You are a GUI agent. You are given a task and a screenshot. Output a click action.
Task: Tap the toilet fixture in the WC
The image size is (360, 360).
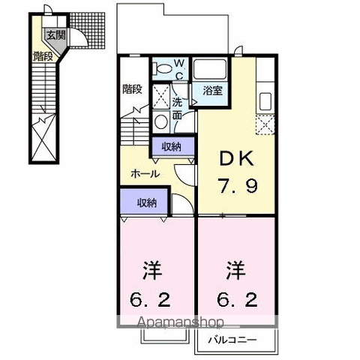pyautogui.click(x=163, y=68)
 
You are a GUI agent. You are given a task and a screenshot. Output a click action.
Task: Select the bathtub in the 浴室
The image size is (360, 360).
pyautogui.click(x=210, y=69)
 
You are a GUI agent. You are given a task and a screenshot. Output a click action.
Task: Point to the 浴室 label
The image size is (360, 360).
pyautogui.click(x=212, y=90)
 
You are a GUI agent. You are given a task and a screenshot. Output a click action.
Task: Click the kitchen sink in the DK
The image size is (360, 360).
pyautogui.click(x=265, y=102)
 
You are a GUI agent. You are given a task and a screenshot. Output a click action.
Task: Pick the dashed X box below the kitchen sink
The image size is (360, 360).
pyautogui.click(x=265, y=124)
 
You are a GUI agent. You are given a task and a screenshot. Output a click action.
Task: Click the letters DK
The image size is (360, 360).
pyautogui.click(x=237, y=158)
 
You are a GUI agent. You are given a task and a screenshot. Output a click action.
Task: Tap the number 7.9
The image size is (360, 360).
pyautogui.click(x=237, y=185)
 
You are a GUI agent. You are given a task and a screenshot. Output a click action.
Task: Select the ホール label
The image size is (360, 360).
pyautogui.click(x=145, y=173)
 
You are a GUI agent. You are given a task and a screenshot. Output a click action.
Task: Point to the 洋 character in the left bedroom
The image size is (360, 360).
pyautogui.click(x=152, y=271)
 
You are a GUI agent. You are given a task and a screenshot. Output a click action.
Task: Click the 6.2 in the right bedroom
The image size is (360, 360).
pyautogui.click(x=237, y=299)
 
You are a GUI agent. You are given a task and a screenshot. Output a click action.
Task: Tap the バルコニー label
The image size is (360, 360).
pyautogui.click(x=232, y=340)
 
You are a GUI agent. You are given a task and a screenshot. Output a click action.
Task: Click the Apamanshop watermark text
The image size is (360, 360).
pyautogui.click(x=181, y=322)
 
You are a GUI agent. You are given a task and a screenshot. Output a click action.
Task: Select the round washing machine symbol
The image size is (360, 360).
pyautogui.click(x=161, y=121)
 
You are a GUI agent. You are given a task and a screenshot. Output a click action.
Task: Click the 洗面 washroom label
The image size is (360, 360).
pyautogui.click(x=177, y=108)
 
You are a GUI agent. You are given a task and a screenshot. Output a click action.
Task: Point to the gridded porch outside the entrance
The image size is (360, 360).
pyautogui.click(x=87, y=31)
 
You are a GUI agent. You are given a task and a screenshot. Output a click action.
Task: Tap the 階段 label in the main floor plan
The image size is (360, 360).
pyautogui.click(x=132, y=89)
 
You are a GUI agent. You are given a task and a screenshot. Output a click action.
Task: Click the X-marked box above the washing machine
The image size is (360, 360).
pyautogui.click(x=161, y=97)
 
